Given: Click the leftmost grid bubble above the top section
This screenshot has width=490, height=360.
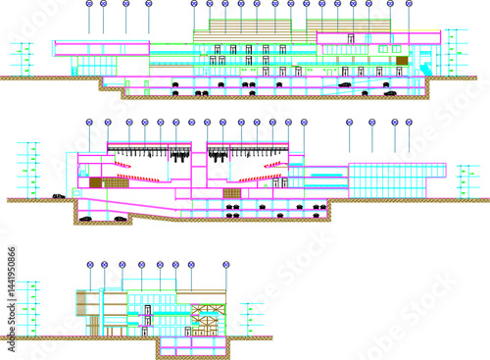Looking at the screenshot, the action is tap(89, 4).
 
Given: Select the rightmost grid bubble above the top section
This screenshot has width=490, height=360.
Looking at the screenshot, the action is tap(406, 4).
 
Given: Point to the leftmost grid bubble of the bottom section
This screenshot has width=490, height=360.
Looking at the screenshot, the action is tap(89, 265).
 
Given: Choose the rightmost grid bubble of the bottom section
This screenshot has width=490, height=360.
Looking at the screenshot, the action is tap(225, 265).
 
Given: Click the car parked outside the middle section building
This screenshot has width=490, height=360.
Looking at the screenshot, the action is tap(59, 196).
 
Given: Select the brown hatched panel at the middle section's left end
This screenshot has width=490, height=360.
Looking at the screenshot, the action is tap(96, 182).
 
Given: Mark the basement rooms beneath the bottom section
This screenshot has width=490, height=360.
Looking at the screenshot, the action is tap(191, 347).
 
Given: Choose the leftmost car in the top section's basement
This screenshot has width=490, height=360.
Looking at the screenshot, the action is tap(174, 85).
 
